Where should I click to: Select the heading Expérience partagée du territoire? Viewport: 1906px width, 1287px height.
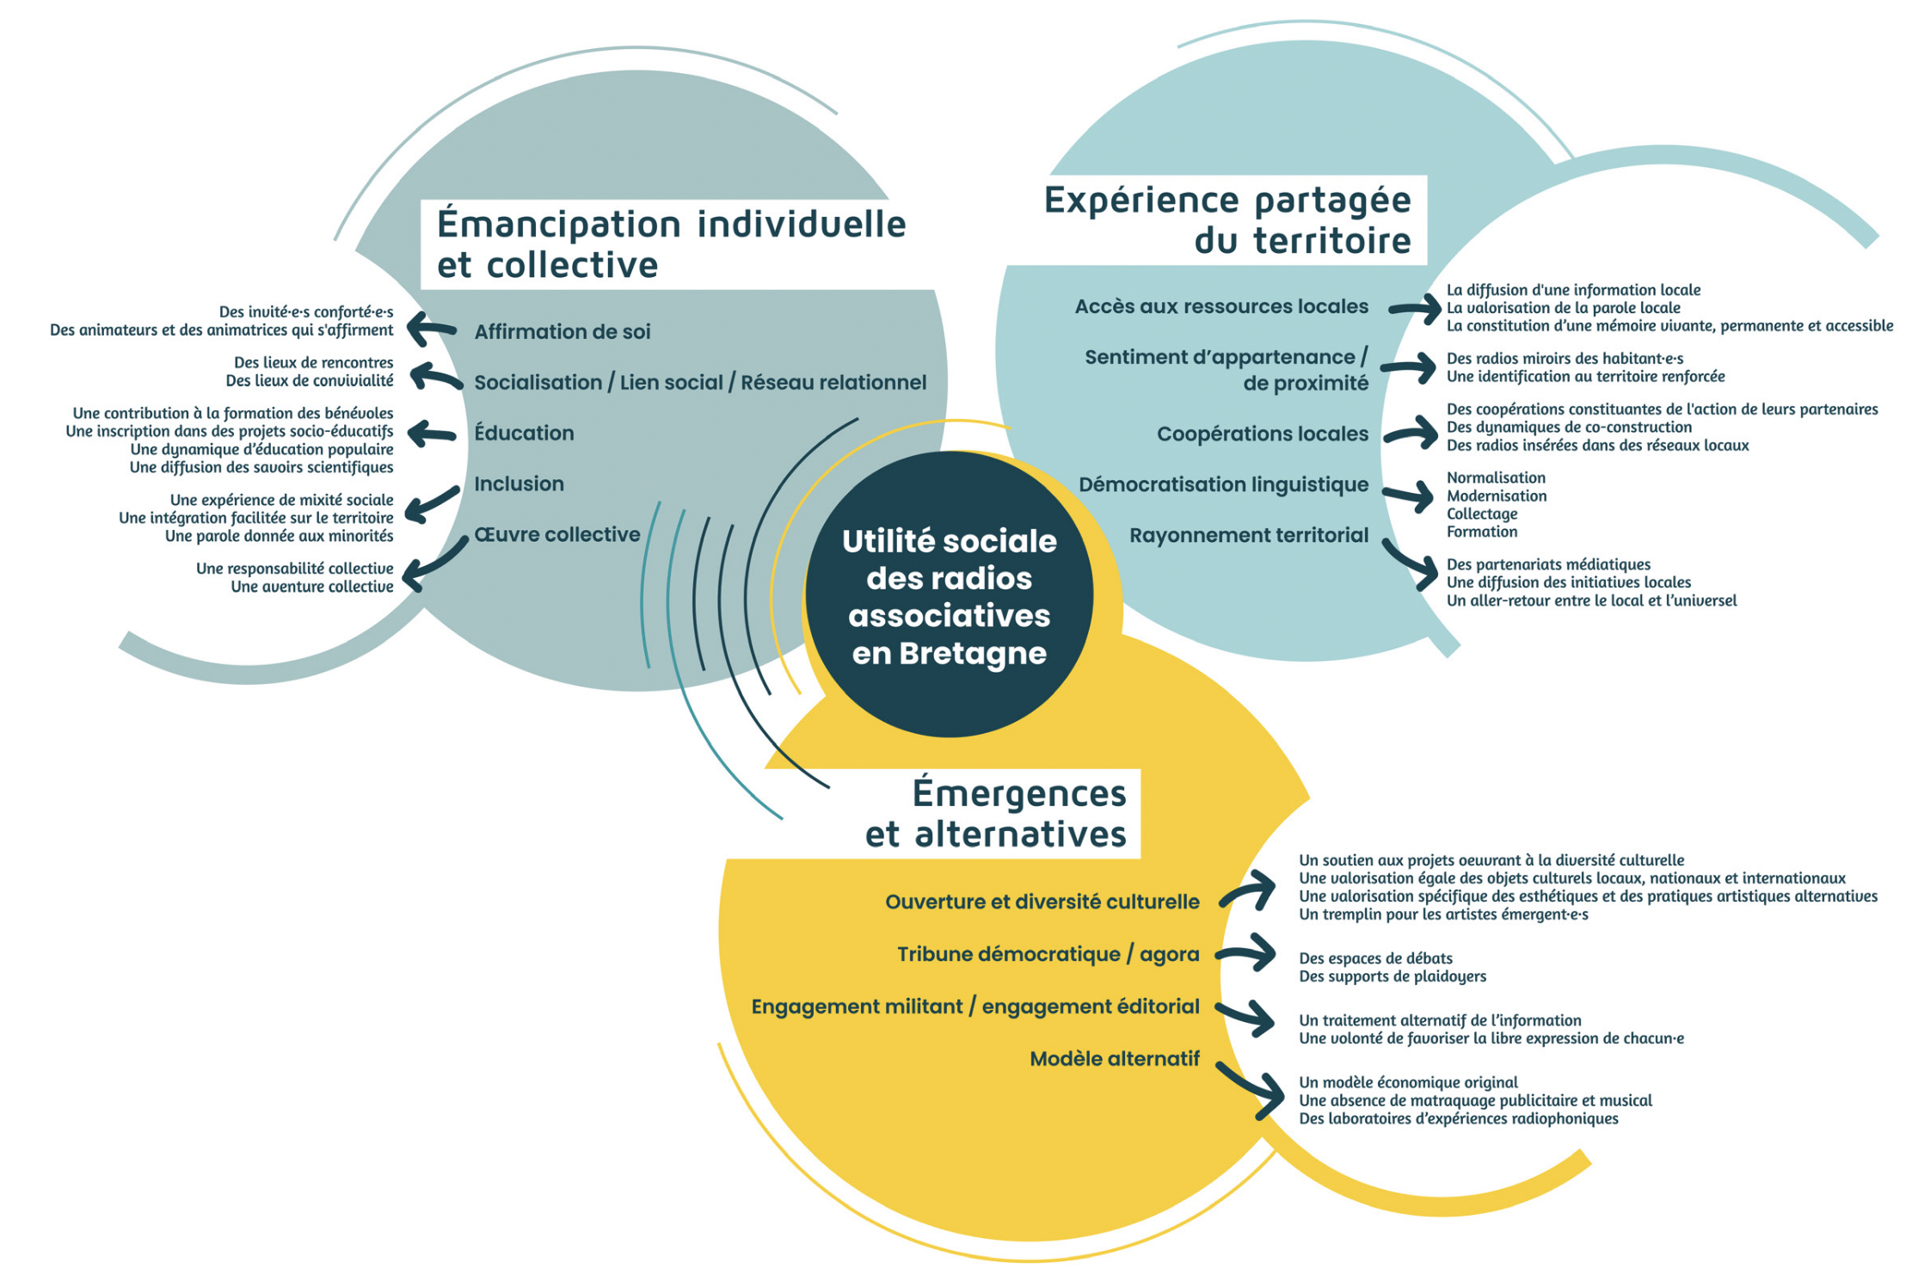(1227, 220)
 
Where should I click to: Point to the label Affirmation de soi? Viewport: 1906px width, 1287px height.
(562, 332)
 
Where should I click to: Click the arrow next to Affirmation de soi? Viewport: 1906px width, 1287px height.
(431, 329)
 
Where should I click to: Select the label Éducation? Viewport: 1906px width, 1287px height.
(524, 434)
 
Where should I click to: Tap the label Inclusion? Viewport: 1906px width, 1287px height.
(519, 484)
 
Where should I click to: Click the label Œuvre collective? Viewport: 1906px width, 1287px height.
(556, 535)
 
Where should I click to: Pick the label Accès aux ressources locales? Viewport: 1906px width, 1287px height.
(1220, 307)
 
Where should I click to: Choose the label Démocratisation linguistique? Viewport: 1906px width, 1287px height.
(1222, 485)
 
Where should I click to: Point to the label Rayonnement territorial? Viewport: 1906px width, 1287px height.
(1248, 536)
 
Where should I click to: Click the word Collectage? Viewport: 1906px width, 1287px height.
(1481, 514)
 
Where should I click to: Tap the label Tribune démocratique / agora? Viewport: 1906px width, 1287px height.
(1048, 955)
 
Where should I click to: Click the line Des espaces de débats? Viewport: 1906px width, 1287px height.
(1375, 958)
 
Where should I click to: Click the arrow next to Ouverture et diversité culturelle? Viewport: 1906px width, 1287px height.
(1250, 891)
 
